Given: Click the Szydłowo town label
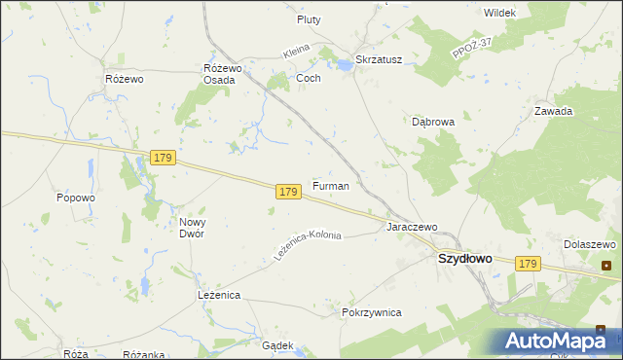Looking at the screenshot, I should coord(464,259).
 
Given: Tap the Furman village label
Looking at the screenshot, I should coord(330,185).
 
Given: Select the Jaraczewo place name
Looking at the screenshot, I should coord(413,227).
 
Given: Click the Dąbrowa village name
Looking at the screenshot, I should coord(433,122).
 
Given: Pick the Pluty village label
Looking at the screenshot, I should coord(310,18).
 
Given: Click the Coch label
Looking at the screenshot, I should coord(309,78).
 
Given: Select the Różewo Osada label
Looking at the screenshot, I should coord(221,74).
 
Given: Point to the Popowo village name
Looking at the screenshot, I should coord(76,198).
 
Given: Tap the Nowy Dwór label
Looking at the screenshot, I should coord(192,228).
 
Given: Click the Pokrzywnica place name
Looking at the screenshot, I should coord(372,313).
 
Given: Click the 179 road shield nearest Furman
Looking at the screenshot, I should coord(287,193).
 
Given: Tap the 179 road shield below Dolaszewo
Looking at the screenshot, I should coord(529,264).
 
